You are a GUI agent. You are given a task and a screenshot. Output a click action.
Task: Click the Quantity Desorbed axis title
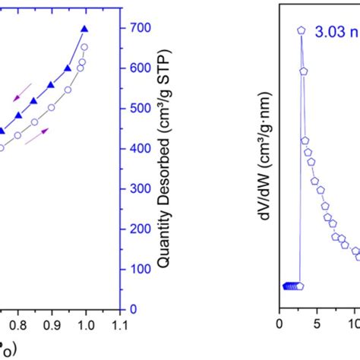click(x=163, y=160)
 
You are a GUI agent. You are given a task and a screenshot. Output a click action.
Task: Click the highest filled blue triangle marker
click(x=84, y=29)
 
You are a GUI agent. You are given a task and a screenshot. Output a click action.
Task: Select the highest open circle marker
click(x=84, y=47)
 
